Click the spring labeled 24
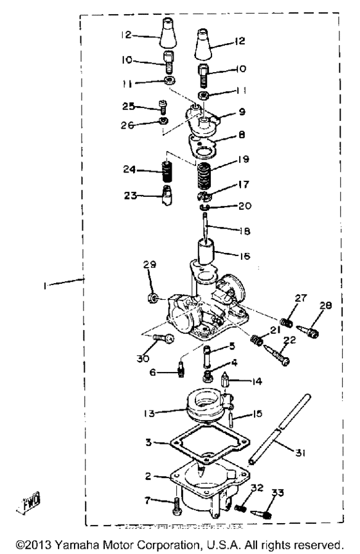coord(168,174)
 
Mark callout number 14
coord(258,382)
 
